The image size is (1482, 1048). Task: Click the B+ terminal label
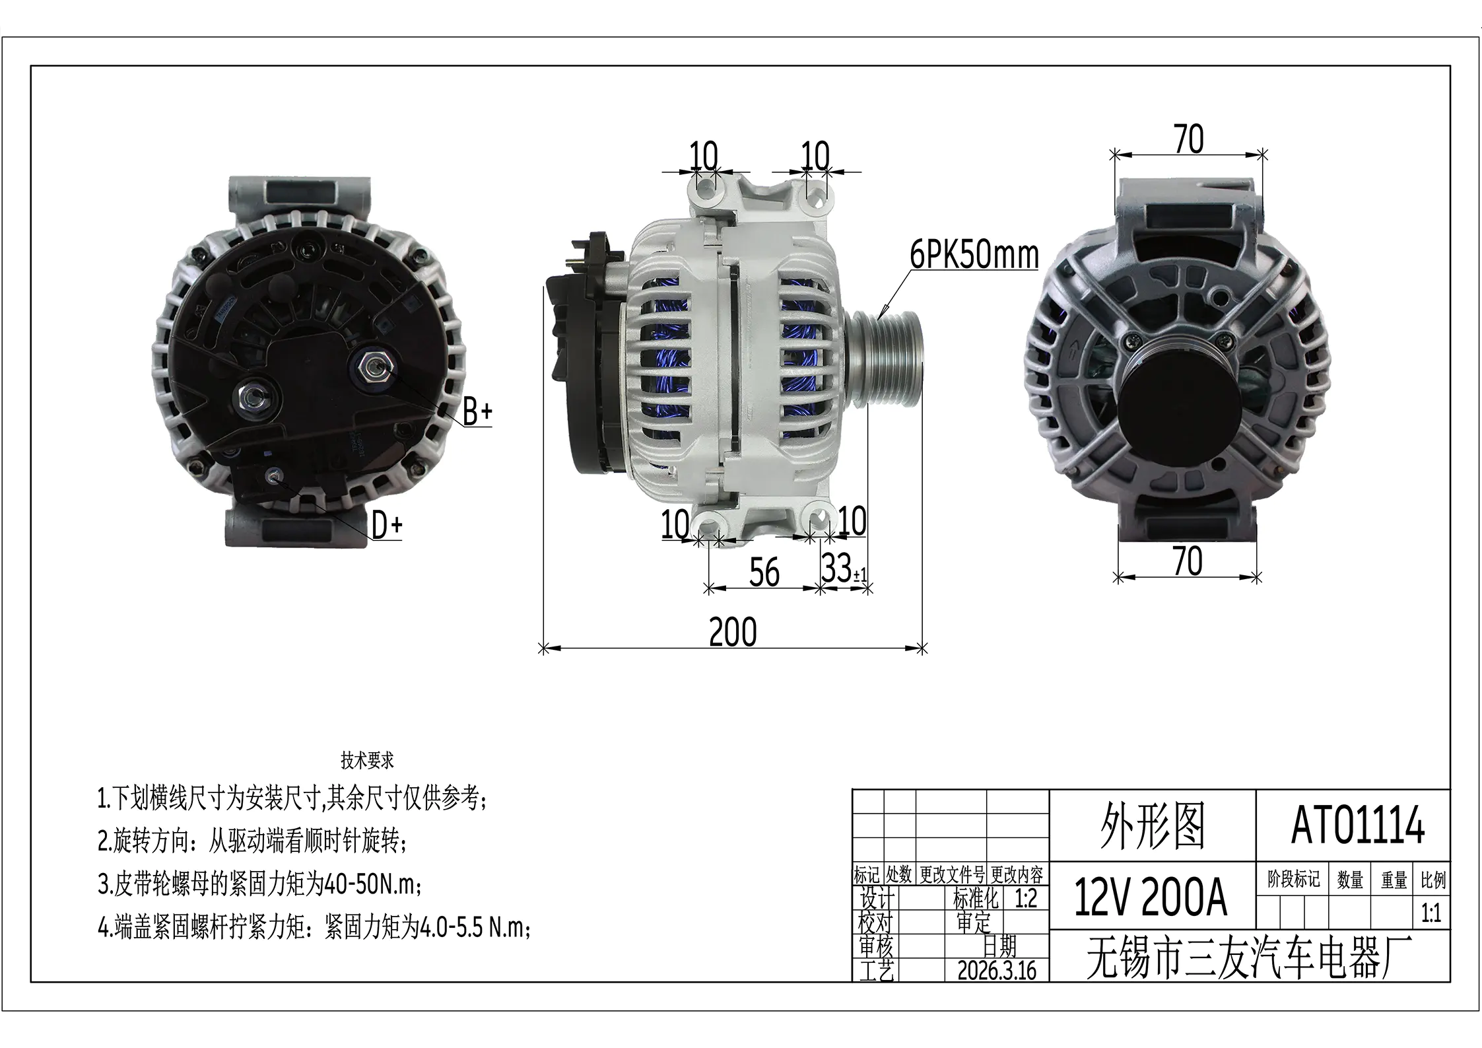point(477,412)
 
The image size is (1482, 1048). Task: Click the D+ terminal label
point(387,526)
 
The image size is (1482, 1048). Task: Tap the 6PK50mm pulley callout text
point(974,255)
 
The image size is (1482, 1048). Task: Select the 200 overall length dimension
point(733,632)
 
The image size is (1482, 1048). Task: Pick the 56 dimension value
point(764,571)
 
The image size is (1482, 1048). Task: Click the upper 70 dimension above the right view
point(1189,139)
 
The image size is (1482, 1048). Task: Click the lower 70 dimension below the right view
point(1187,561)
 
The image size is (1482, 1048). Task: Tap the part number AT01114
point(1358,826)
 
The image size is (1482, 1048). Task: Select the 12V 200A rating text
point(1151,898)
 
